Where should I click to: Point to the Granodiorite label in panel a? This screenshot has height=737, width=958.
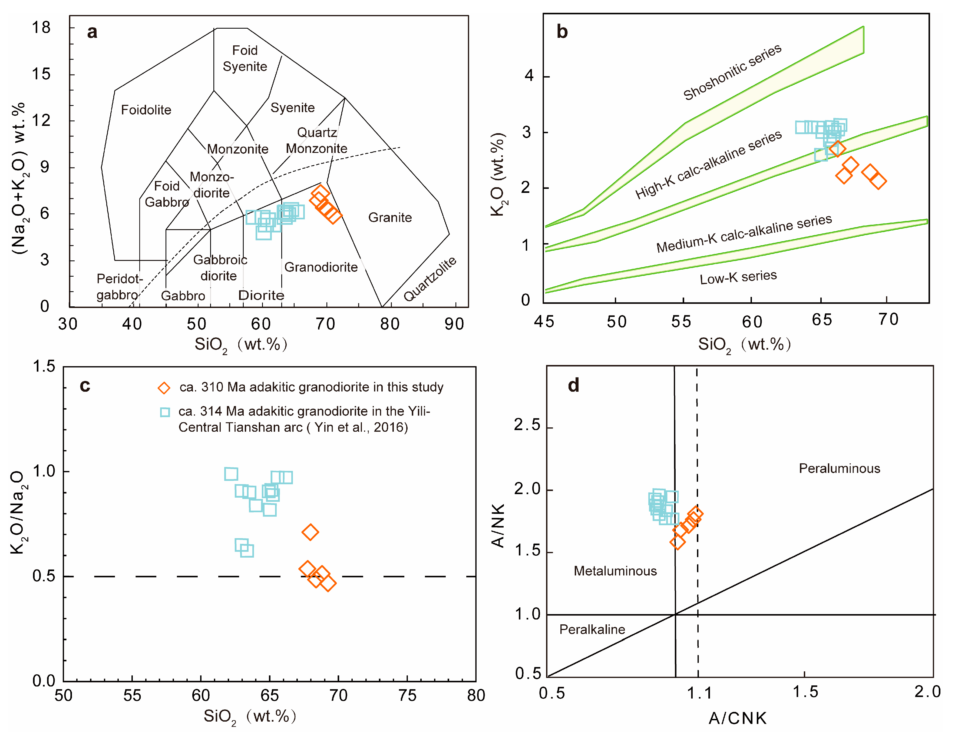pyautogui.click(x=321, y=267)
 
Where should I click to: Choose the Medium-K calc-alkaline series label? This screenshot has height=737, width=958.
pyautogui.click(x=744, y=233)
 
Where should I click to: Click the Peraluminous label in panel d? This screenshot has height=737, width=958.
pyautogui.click(x=839, y=468)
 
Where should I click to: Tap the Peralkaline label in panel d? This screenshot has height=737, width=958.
pyautogui.click(x=592, y=629)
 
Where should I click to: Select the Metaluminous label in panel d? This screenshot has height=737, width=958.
pyautogui.click(x=615, y=571)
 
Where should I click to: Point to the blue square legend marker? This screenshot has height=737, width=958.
pyautogui.click(x=165, y=412)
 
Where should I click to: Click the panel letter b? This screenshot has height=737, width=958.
pyautogui.click(x=562, y=32)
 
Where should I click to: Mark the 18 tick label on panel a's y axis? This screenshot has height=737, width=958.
pyautogui.click(x=41, y=28)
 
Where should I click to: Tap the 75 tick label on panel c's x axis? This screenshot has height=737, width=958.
pyautogui.click(x=407, y=695)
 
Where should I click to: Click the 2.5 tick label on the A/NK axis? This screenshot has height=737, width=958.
pyautogui.click(x=527, y=425)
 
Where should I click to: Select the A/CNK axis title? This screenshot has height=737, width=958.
pyautogui.click(x=737, y=718)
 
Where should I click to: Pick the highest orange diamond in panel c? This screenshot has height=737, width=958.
pyautogui.click(x=310, y=532)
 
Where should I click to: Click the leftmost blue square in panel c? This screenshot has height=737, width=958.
pyautogui.click(x=231, y=474)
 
